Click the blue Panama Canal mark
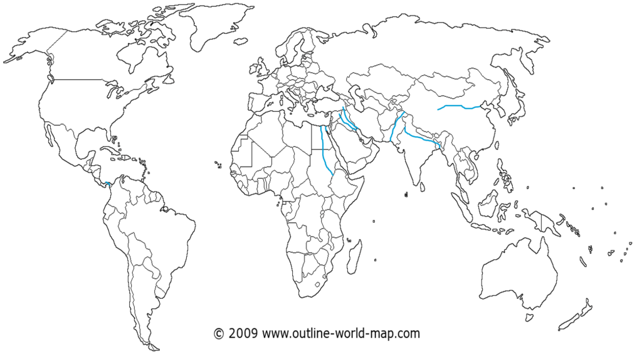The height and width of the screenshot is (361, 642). [x=108, y=183]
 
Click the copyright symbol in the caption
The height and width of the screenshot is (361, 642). [x=219, y=333]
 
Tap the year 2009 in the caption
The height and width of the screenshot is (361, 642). [x=243, y=333]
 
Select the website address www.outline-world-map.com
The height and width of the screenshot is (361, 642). [x=340, y=333]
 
